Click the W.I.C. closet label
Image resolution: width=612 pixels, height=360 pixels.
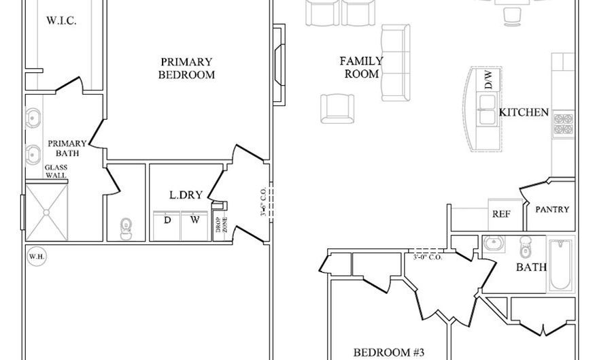(x=61, y=21)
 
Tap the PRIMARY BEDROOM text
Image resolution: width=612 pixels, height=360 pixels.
(x=186, y=68)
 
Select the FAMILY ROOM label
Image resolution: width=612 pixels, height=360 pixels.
(x=361, y=67)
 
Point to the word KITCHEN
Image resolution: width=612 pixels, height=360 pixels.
(x=524, y=112)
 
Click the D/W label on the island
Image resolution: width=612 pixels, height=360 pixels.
(x=487, y=81)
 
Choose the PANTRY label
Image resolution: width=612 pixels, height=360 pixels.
(x=552, y=210)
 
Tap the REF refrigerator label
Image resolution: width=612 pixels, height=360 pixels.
(x=501, y=214)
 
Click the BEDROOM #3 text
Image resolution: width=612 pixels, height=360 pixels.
(x=389, y=352)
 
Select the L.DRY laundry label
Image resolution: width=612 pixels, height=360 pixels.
(x=186, y=195)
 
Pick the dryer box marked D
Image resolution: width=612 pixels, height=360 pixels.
(x=167, y=220)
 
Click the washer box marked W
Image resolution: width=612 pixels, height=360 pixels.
(x=194, y=220)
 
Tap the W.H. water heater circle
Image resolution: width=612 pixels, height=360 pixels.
(x=36, y=257)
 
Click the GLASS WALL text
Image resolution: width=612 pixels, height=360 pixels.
(x=56, y=171)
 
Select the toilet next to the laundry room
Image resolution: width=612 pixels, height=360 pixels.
(x=126, y=228)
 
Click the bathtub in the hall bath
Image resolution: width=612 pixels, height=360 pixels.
(x=561, y=265)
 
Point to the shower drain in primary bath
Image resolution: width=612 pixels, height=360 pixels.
(x=47, y=212)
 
